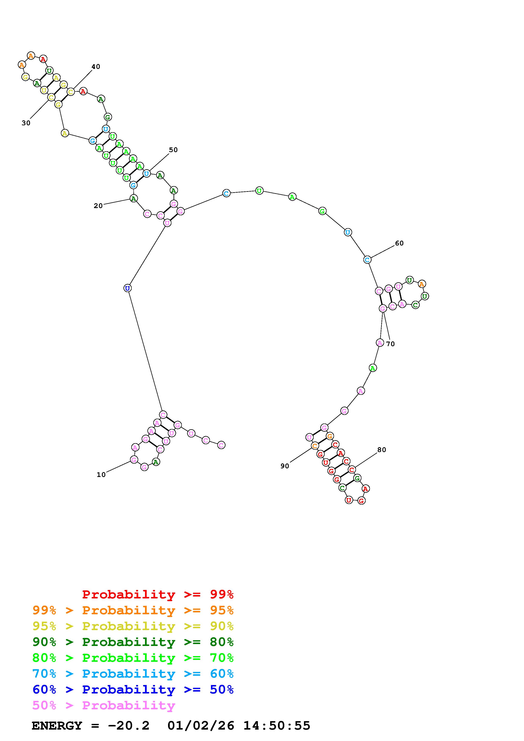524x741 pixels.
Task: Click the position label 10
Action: (101, 474)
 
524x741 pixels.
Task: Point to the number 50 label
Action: (173, 150)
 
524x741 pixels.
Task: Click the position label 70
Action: (390, 344)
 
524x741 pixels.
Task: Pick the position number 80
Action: (382, 450)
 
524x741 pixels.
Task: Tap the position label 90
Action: (285, 466)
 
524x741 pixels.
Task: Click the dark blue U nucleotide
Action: (127, 288)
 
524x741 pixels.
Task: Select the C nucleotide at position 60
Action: (367, 259)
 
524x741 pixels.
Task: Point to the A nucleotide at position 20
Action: (134, 199)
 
